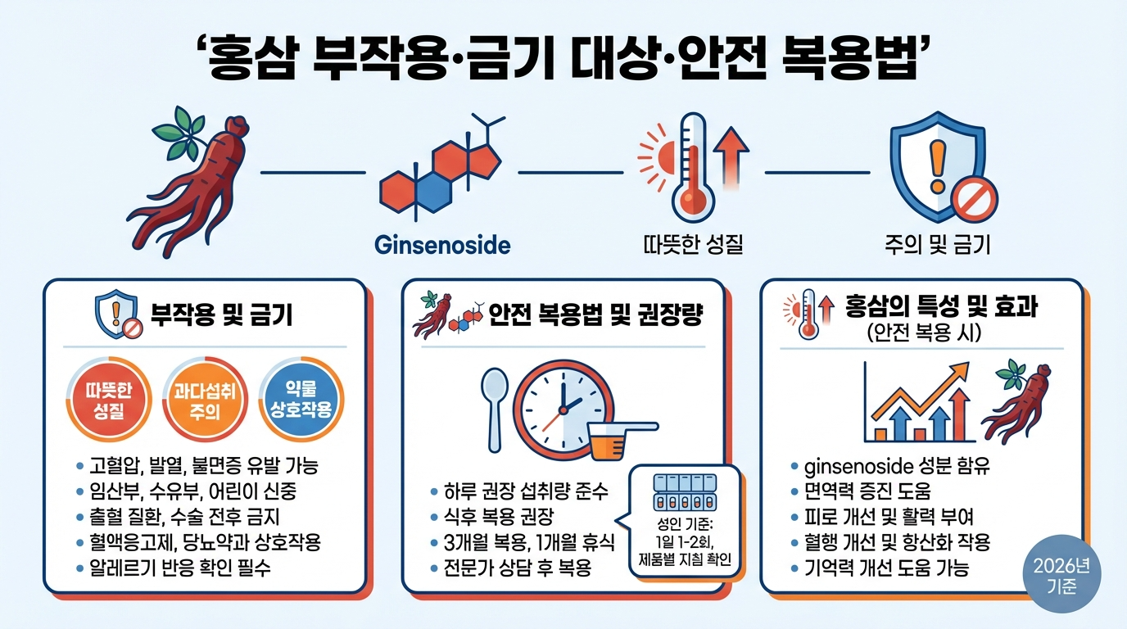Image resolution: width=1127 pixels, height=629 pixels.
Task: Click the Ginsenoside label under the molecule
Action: click(x=441, y=244)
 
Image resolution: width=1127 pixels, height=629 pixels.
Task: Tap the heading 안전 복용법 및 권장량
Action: click(x=595, y=315)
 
